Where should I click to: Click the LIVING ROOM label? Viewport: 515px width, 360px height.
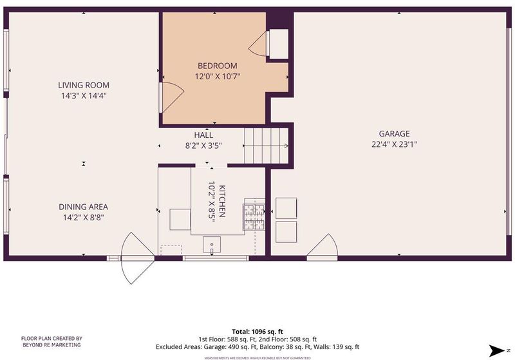point(84,85)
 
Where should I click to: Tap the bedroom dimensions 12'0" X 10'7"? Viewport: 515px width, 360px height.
point(218,77)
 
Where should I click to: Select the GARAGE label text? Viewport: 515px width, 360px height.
point(394,134)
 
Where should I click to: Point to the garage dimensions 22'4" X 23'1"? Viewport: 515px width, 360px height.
point(394,144)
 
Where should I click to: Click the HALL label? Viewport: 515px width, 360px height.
point(203,135)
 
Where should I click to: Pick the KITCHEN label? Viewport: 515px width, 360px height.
point(222,202)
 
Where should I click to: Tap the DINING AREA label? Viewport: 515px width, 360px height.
point(84,207)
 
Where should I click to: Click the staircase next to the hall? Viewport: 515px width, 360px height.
point(267,146)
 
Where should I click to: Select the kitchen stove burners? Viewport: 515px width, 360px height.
point(254,216)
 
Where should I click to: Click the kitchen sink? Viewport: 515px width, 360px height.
point(212,245)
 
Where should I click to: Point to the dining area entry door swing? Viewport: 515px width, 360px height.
point(138,258)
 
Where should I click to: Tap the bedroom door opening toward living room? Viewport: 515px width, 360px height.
point(171,97)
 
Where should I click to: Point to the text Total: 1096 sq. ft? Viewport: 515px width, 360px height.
point(257,332)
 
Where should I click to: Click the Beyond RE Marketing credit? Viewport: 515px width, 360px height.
point(51,341)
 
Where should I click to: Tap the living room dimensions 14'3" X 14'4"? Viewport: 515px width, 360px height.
point(84,96)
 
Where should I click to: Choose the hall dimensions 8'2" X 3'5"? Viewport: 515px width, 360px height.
point(203,146)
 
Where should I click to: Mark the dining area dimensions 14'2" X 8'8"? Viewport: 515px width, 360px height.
point(84,218)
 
